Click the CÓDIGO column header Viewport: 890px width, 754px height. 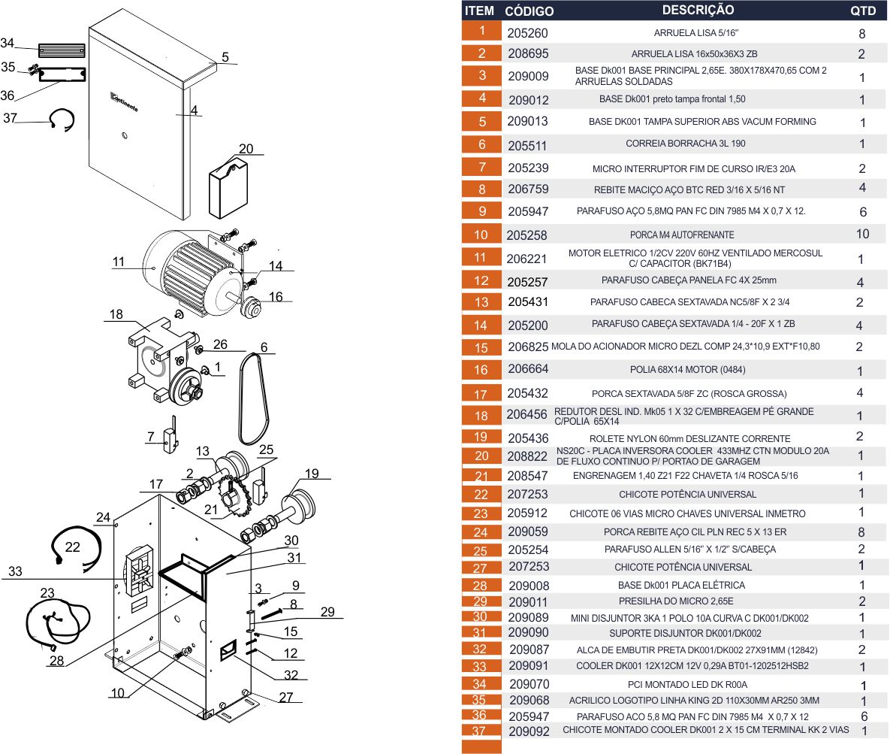pyautogui.click(x=529, y=11)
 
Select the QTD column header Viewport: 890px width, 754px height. pyautogui.click(x=863, y=11)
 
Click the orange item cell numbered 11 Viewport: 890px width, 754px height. pyautogui.click(x=481, y=257)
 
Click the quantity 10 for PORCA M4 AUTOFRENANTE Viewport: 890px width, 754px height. pyautogui.click(x=862, y=234)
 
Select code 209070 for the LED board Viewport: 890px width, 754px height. pyautogui.click(x=529, y=684)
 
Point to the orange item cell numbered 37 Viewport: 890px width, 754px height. pyautogui.click(x=481, y=731)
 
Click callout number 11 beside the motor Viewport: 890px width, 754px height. pyautogui.click(x=119, y=262)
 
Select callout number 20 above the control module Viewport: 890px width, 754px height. pyautogui.click(x=246, y=149)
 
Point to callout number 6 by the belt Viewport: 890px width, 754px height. pyautogui.click(x=264, y=347)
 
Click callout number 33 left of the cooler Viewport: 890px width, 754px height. pyautogui.click(x=15, y=571)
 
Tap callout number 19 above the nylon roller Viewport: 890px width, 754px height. pyautogui.click(x=312, y=474)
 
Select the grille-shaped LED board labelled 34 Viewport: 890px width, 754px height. pyautogui.click(x=62, y=50)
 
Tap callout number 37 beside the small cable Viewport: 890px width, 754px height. pyautogui.click(x=11, y=118)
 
